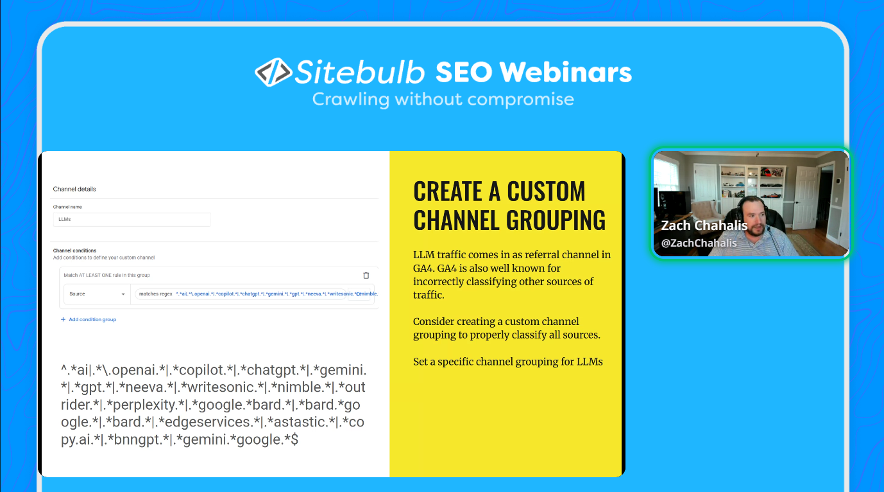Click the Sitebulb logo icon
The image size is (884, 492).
pos(273,72)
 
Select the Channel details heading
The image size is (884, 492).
pos(74,189)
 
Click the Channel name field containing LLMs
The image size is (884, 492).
pos(132,220)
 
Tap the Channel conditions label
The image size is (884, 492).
pos(74,250)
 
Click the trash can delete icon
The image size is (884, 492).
pos(366,276)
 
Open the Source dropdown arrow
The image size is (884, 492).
pos(123,294)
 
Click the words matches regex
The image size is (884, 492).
pos(156,294)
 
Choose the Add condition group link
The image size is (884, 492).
pos(92,319)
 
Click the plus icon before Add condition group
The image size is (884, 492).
pos(63,319)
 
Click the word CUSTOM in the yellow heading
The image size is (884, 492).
pos(546,191)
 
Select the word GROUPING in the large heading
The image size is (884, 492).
pos(556,220)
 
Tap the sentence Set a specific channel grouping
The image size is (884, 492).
pos(507,362)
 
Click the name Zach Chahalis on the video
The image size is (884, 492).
pos(704,226)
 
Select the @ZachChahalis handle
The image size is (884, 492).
pos(699,243)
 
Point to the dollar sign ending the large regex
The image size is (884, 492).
pos(294,440)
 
